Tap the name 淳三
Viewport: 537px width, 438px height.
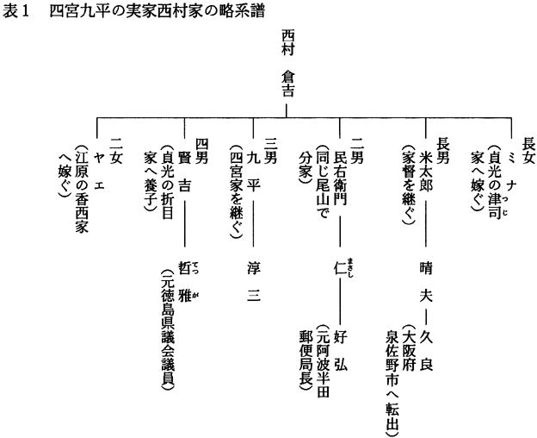click(252, 281)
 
